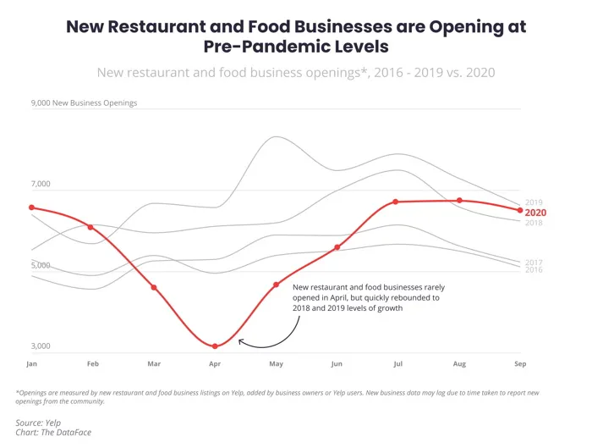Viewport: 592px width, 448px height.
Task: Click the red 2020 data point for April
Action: [215, 346]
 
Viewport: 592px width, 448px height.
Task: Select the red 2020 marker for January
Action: [31, 207]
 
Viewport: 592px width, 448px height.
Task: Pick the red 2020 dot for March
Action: [154, 288]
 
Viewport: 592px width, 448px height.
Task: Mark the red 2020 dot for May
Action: [276, 285]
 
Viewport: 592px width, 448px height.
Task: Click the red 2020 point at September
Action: [520, 210]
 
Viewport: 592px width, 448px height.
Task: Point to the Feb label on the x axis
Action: [93, 363]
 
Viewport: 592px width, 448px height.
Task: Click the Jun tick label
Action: [337, 363]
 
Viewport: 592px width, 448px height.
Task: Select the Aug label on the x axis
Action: [459, 363]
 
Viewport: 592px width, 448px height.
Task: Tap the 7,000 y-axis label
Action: [41, 185]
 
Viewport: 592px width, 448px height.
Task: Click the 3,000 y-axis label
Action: [41, 346]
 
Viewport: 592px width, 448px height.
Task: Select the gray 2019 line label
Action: [534, 202]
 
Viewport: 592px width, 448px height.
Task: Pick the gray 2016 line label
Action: [534, 269]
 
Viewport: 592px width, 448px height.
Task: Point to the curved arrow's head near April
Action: [240, 341]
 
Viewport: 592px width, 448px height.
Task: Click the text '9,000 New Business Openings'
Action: [84, 103]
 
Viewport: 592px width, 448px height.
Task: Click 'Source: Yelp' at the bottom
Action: [39, 422]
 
